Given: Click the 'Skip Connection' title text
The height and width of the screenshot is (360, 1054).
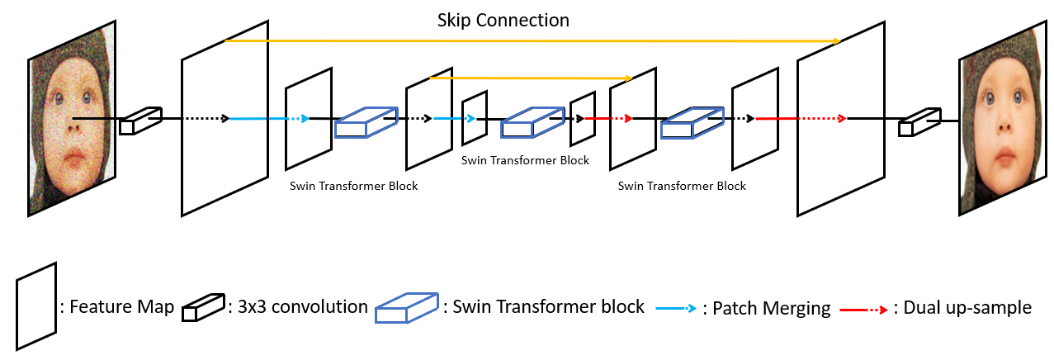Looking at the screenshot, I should (503, 19).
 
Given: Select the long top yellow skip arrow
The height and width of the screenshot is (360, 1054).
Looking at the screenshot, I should (532, 40).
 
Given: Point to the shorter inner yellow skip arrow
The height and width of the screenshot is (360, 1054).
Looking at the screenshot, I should (531, 78).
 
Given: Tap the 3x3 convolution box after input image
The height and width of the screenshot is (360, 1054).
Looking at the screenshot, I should (139, 121).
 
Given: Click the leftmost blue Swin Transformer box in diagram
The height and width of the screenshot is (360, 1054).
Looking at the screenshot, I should (366, 121).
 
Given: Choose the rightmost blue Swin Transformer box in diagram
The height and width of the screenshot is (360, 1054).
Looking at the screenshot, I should (691, 121).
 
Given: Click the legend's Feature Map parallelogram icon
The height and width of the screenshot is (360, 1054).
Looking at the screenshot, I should (36, 305).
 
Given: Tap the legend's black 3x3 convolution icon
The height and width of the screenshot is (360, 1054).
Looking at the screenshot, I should (203, 307).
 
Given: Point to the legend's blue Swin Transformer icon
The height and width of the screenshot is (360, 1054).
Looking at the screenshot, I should (406, 307).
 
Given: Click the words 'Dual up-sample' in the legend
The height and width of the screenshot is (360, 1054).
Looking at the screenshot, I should (967, 308).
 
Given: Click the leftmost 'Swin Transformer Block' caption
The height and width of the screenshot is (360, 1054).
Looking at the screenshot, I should (353, 186).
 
